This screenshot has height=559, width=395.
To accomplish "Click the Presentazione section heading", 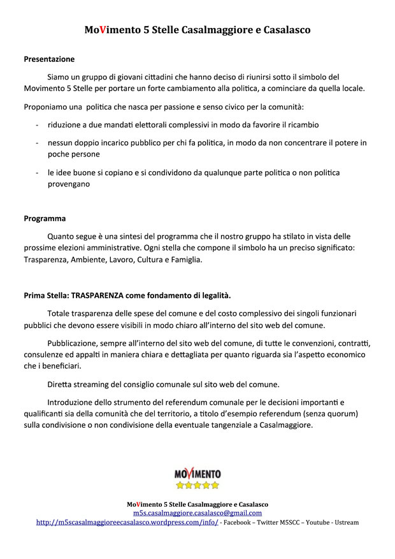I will pyautogui.click(x=49, y=59).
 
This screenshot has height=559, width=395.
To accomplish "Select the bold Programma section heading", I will pyautogui.click(x=45, y=218).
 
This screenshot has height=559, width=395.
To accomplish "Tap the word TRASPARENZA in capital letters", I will pyautogui.click(x=101, y=295).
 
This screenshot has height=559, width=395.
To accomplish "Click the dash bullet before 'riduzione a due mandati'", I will pyautogui.click(x=38, y=125).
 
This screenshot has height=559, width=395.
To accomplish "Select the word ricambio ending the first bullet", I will pyautogui.click(x=301, y=125).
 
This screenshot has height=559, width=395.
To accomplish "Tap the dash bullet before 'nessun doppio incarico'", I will pyautogui.click(x=38, y=143).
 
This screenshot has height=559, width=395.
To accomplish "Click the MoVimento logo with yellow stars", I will pyautogui.click(x=197, y=478).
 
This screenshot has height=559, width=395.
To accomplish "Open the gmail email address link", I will pyautogui.click(x=197, y=513).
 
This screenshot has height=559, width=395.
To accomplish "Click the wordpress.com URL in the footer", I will pyautogui.click(x=127, y=522).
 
